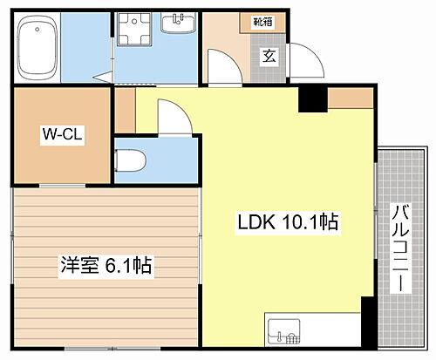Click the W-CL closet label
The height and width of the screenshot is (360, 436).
[x=61, y=135]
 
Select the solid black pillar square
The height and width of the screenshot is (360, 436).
[x=312, y=99]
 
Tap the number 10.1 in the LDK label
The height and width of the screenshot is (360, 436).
[x=299, y=222]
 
